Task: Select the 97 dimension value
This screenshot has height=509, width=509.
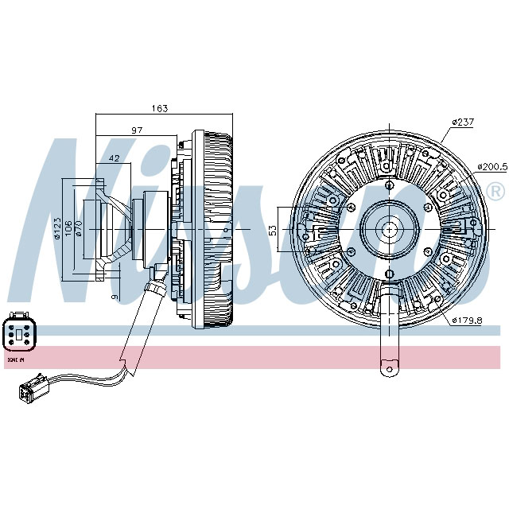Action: coord(137,130)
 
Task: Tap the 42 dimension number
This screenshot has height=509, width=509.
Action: coord(114,158)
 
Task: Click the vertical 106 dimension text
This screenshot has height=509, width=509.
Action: coord(69,229)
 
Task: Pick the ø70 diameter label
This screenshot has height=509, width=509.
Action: coord(80,229)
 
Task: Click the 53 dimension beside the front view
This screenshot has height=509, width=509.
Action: coord(273,229)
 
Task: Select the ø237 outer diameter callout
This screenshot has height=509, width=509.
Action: coord(462,122)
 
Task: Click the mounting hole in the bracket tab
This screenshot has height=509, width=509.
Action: coord(390,367)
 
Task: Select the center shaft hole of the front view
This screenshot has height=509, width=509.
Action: coord(390,229)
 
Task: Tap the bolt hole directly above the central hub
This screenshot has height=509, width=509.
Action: coord(390,187)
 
